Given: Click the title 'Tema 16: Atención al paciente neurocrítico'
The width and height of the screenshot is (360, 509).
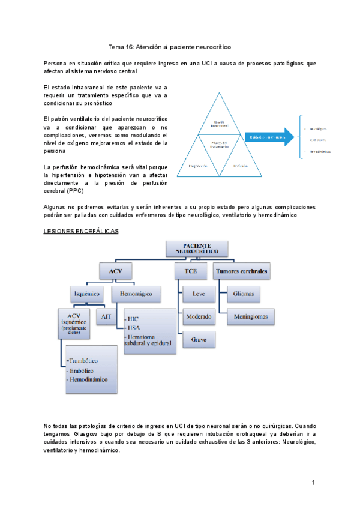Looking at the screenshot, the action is pyautogui.click(x=169, y=46).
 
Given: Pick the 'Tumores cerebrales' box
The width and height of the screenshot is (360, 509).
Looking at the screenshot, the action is pyautogui.click(x=241, y=271).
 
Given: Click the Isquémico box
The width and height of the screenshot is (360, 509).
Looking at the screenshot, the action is pyautogui.click(x=87, y=294).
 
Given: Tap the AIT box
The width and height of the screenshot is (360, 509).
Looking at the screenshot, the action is pyautogui.click(x=106, y=316).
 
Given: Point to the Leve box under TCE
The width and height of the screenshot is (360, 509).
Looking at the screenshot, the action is pyautogui.click(x=199, y=294).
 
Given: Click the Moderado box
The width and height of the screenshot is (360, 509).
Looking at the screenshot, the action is pyautogui.click(x=199, y=316).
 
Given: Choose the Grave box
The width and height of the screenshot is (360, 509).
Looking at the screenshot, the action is pyautogui.click(x=199, y=339).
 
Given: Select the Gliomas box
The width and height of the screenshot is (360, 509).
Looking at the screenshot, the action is pyautogui.click(x=244, y=294).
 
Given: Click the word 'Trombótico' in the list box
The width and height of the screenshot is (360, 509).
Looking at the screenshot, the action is pyautogui.click(x=83, y=361).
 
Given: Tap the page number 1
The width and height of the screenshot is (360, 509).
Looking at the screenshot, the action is pyautogui.click(x=313, y=483).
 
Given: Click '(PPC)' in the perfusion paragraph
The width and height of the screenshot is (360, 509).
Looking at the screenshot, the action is pyautogui.click(x=76, y=191).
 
